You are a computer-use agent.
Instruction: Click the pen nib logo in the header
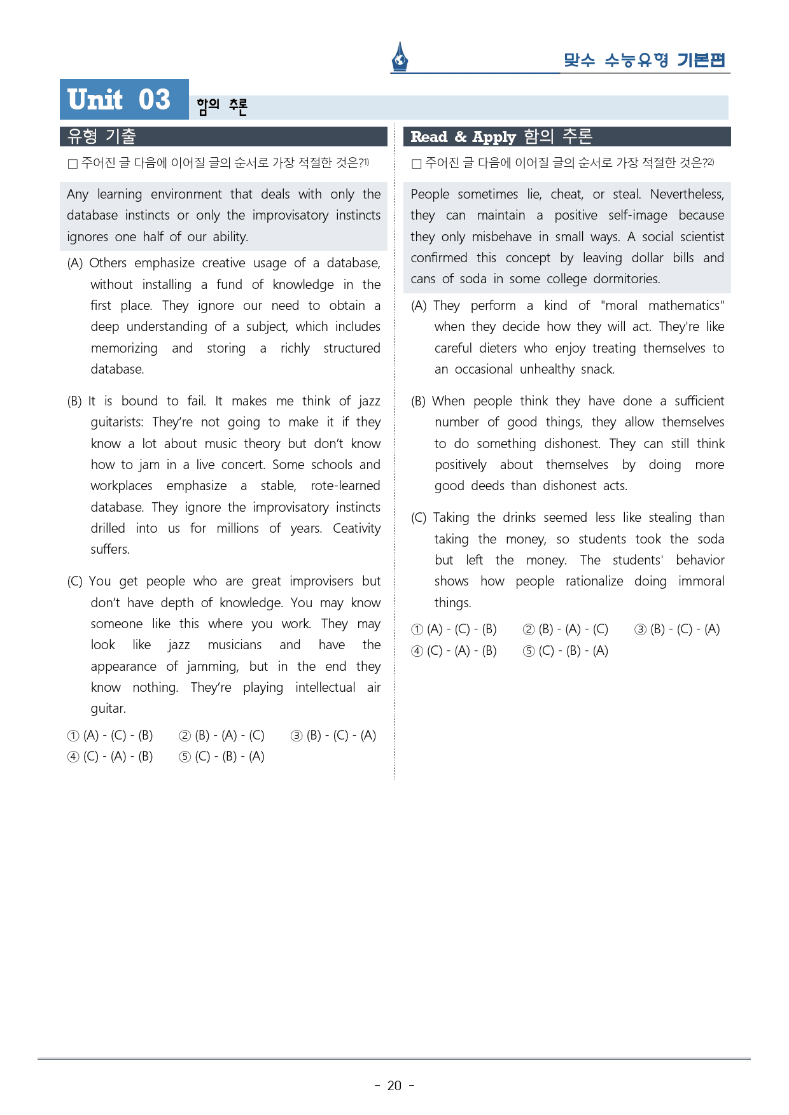(400, 57)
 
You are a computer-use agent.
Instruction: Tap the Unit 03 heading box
(124, 99)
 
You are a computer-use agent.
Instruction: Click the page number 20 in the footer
(394, 1086)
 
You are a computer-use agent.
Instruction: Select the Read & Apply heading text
(463, 137)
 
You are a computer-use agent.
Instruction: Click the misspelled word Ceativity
(356, 528)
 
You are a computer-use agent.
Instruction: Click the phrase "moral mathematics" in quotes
(662, 305)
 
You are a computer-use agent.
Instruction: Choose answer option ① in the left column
(73, 736)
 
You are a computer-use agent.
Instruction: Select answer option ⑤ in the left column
(185, 757)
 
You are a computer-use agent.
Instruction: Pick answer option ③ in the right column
(639, 629)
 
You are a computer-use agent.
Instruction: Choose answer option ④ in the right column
(417, 651)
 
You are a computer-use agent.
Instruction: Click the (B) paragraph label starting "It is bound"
(74, 401)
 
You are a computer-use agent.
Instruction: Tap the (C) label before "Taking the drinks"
(419, 518)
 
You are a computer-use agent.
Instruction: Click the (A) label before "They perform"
(419, 306)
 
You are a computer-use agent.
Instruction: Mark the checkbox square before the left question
(73, 164)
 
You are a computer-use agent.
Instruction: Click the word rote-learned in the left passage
(345, 486)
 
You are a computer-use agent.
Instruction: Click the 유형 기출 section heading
(102, 136)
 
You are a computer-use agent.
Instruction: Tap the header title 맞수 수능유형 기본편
(644, 60)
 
